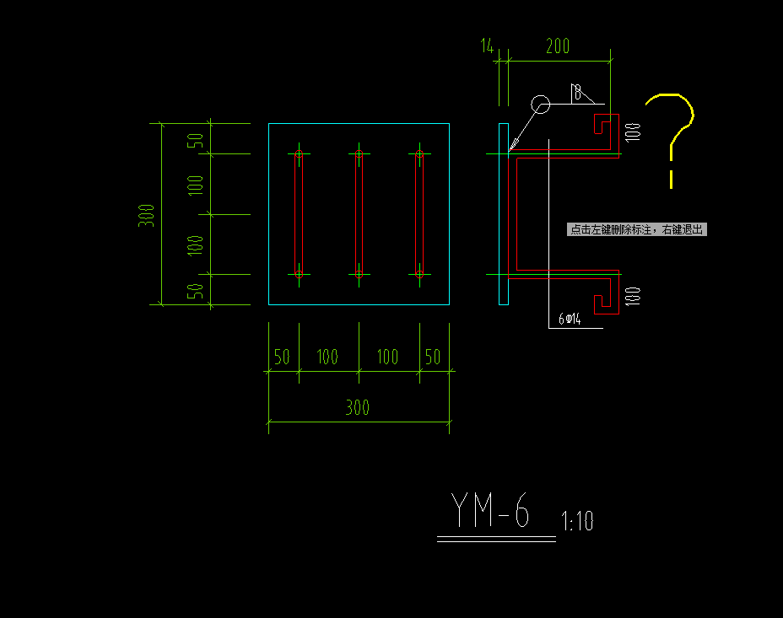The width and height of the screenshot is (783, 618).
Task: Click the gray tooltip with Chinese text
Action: pos(637,229)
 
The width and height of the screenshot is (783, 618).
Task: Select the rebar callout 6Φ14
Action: pos(571,320)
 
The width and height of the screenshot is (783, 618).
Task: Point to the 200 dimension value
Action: pos(558,47)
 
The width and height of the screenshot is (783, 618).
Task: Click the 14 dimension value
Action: pos(488,47)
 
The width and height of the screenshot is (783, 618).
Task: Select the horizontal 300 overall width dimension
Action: pos(358,408)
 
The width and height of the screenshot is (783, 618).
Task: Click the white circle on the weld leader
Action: pos(540,105)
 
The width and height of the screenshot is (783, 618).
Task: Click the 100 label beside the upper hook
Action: pos(633,132)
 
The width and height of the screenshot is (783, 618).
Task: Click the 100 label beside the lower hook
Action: pos(633,296)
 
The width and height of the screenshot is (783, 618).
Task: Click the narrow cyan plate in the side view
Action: pos(504,214)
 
